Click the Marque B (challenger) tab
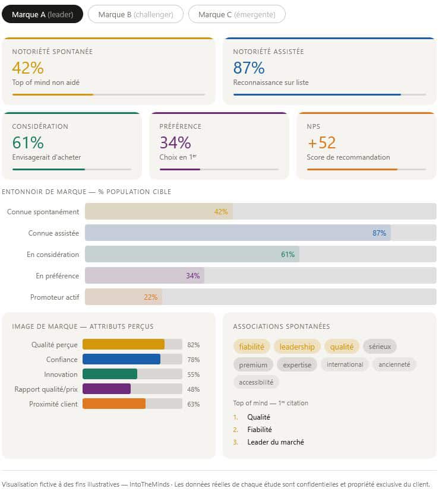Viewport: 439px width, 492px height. point(135,14)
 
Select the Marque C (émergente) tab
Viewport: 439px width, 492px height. point(236,14)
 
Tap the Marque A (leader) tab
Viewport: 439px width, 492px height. point(42,14)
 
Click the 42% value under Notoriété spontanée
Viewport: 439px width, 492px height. point(28,68)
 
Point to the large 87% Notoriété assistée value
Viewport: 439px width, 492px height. point(249,68)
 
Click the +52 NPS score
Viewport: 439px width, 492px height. point(321,142)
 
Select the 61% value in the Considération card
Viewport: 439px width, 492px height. point(28,142)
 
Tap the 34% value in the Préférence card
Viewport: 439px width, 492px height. point(175,142)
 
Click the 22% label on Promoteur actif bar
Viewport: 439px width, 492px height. point(150,297)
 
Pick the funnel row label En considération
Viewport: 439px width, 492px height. point(53,255)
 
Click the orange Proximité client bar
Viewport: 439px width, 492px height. point(113,404)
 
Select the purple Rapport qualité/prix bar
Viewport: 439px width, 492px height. point(106,389)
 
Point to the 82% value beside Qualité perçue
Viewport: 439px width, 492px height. point(193,345)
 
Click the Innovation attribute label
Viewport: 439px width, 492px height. point(61,374)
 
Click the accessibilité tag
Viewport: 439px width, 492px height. point(256,382)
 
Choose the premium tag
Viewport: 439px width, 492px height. point(253,364)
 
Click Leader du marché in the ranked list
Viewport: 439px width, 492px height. point(276,442)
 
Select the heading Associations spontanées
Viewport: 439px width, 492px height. point(282,326)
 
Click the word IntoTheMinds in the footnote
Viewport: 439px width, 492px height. point(151,484)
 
